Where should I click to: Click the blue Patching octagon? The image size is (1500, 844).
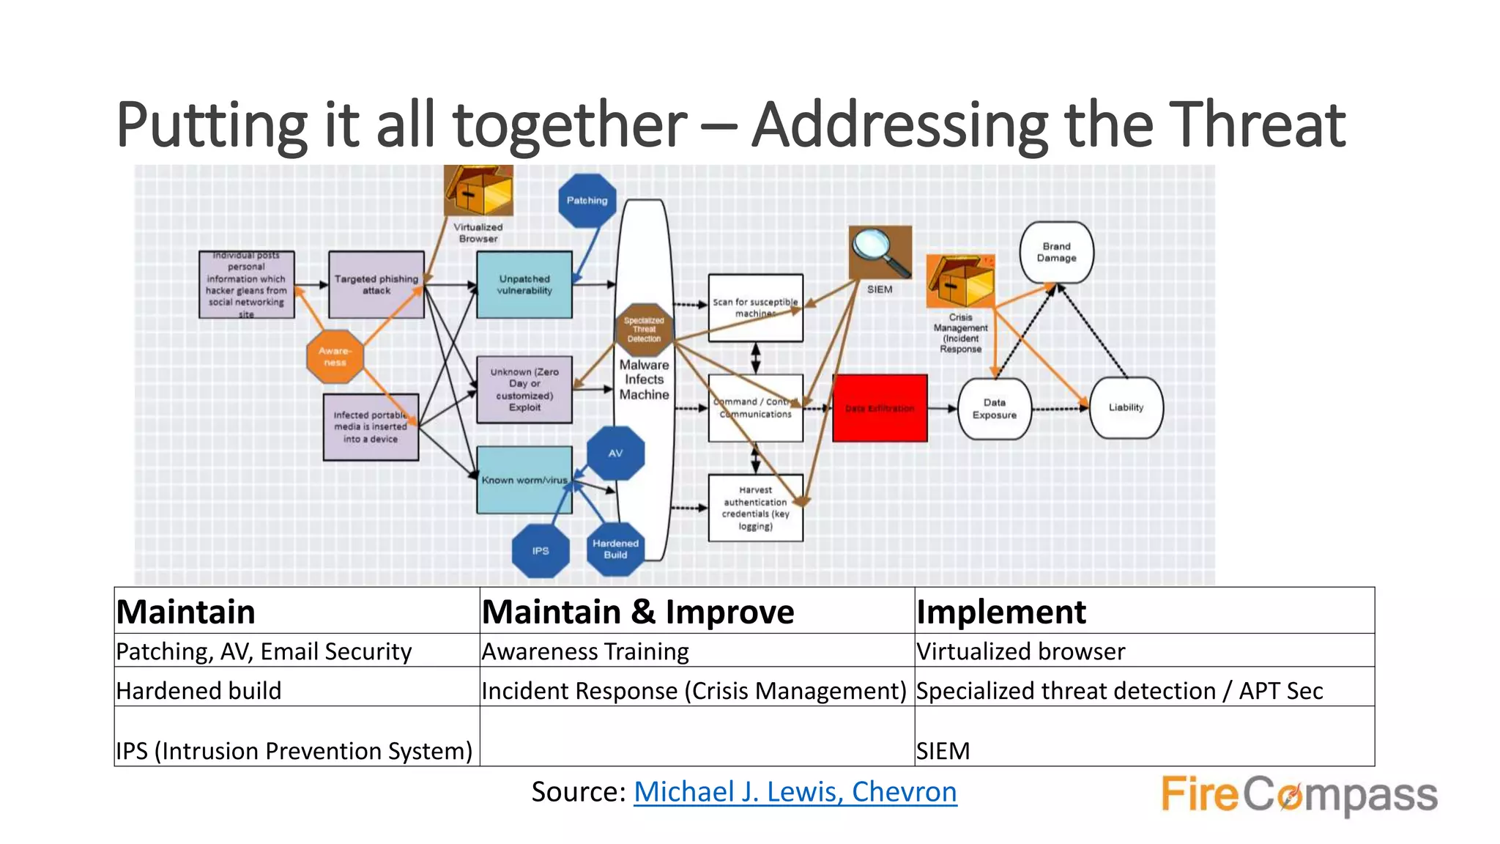(x=587, y=201)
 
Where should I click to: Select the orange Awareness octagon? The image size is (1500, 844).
(x=335, y=357)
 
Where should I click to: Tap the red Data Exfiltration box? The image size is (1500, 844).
(x=880, y=408)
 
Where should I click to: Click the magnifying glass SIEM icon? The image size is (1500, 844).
(x=880, y=252)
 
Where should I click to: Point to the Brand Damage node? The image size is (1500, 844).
(x=1056, y=253)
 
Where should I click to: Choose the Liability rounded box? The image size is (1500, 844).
(x=1126, y=407)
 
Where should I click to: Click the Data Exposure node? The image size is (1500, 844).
(x=994, y=409)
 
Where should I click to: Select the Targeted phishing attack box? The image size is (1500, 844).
(x=376, y=284)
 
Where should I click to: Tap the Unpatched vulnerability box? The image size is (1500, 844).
(x=524, y=284)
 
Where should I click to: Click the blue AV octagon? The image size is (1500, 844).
(x=615, y=454)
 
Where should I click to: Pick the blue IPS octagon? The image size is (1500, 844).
(x=541, y=551)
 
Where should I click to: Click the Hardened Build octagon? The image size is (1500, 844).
(x=615, y=549)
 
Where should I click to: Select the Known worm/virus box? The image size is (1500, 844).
(x=524, y=480)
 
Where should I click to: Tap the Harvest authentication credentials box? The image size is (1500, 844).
(x=755, y=508)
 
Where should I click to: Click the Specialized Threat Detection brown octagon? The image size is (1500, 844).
(x=644, y=330)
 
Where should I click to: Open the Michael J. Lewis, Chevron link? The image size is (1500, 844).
(x=795, y=792)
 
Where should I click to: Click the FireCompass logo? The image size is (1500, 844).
(x=1299, y=795)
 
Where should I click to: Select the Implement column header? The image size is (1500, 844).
(x=1000, y=612)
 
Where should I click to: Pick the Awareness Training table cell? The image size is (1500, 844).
(x=585, y=651)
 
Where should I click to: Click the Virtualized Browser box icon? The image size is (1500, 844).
(x=479, y=190)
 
